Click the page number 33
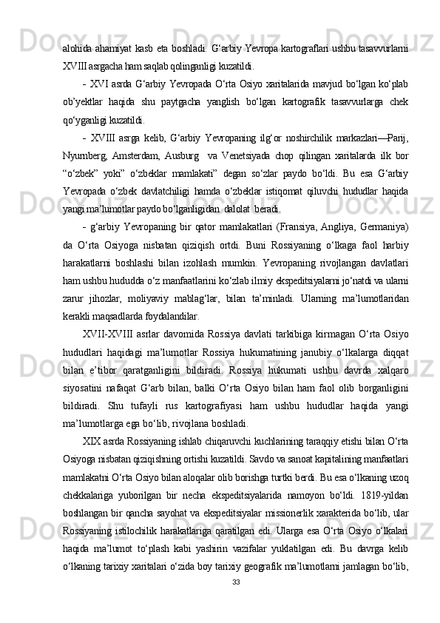tap(235, 602)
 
